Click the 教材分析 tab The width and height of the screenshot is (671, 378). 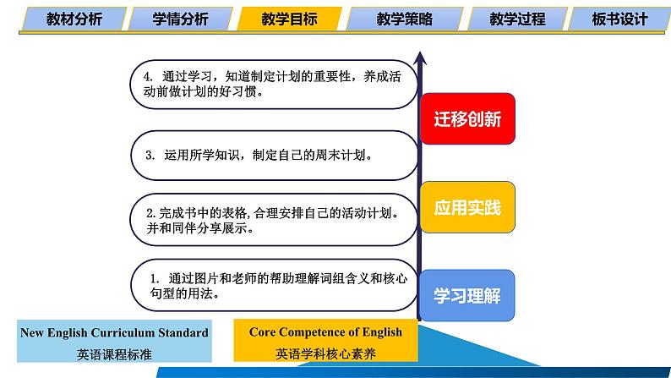[74, 19]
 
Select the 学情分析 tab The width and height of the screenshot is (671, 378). [180, 19]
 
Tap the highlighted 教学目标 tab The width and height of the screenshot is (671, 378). [289, 19]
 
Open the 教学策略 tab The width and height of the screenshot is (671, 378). [405, 19]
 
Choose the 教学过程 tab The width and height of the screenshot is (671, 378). [517, 19]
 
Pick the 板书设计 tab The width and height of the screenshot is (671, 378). [619, 19]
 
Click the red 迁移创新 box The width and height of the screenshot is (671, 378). [467, 118]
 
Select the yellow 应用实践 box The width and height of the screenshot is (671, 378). [467, 207]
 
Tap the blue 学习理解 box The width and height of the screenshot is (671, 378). [467, 295]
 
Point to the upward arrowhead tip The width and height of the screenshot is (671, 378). [420, 52]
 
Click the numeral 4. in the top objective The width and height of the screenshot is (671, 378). [148, 77]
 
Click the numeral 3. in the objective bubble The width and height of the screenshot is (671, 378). [150, 155]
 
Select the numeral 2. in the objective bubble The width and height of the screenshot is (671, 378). [151, 213]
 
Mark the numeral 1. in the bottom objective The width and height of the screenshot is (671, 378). [155, 279]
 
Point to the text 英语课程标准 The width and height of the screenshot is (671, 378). [114, 354]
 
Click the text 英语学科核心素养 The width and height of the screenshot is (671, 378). [325, 353]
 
